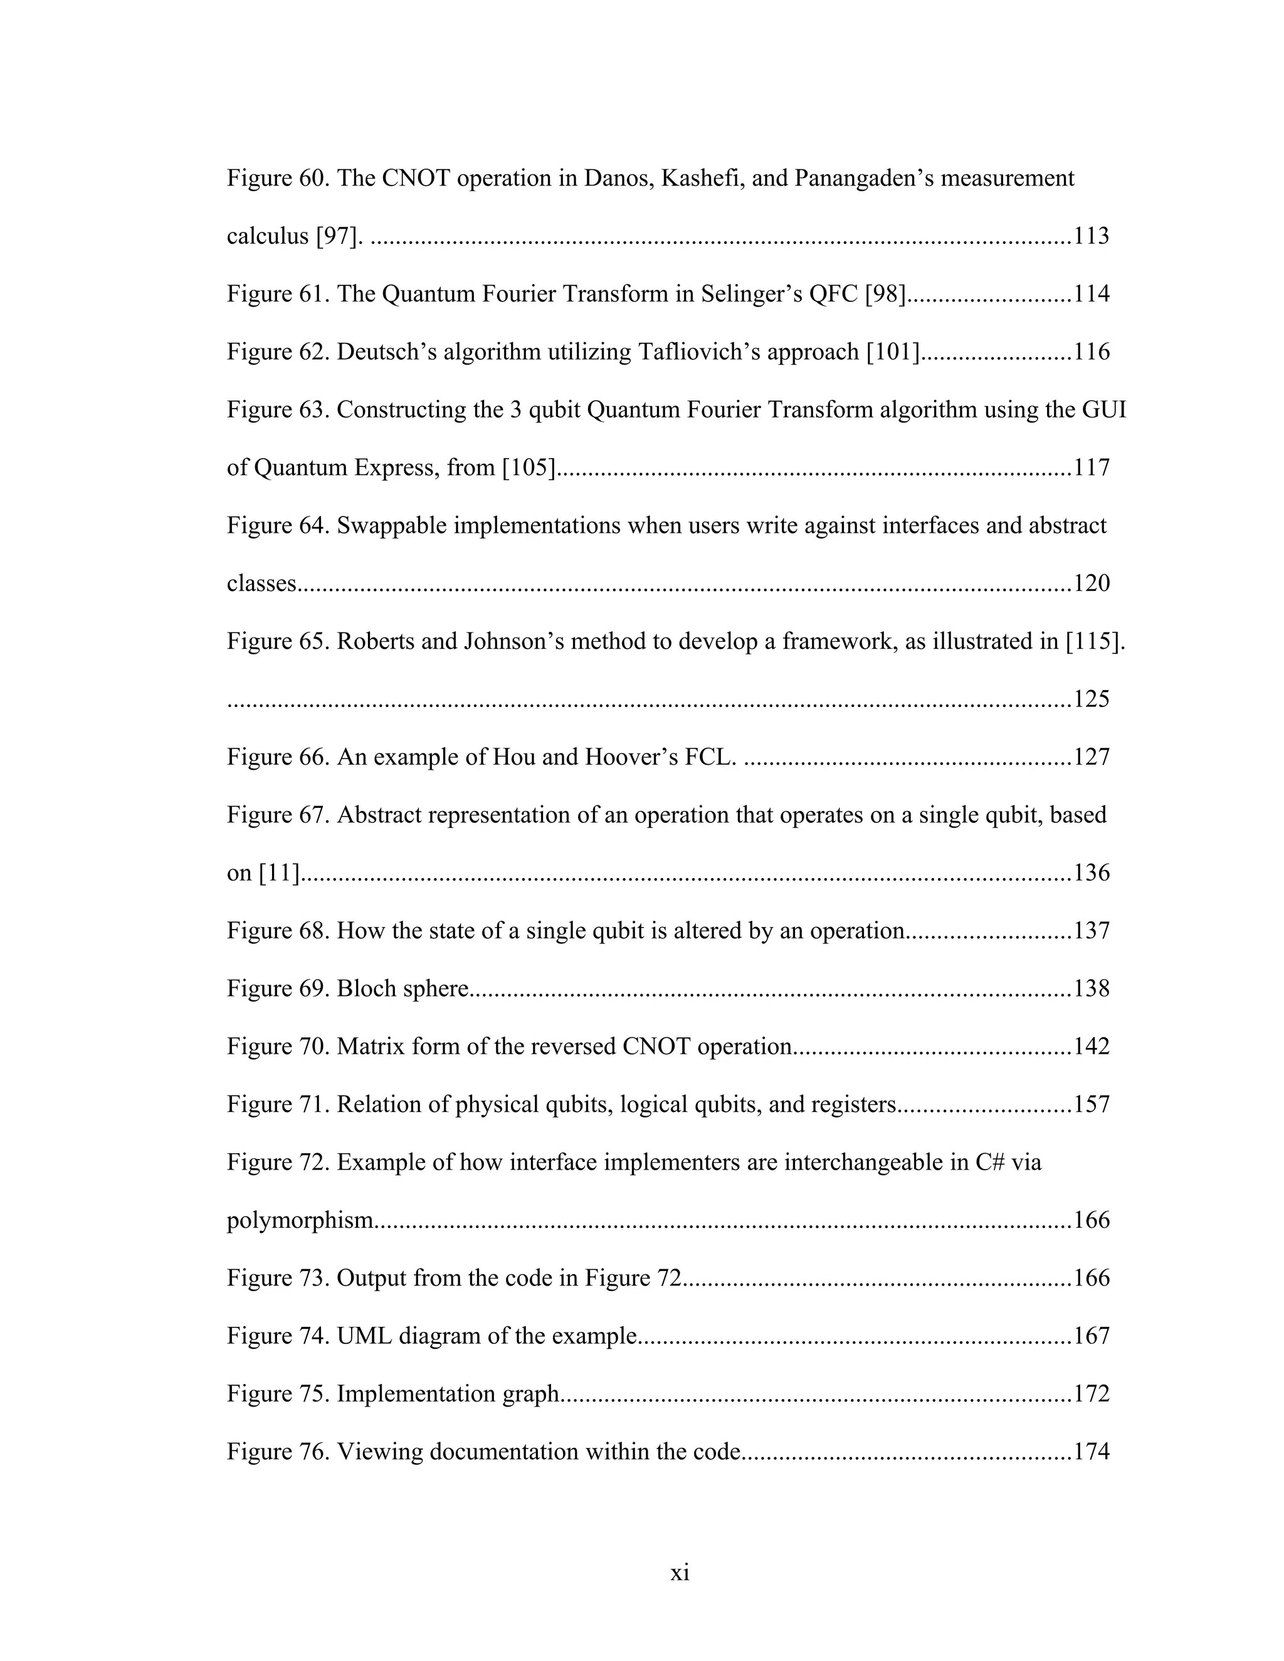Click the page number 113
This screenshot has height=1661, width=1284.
coord(1091,236)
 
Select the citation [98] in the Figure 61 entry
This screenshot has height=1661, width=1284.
coord(885,295)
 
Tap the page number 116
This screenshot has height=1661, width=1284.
coord(1091,352)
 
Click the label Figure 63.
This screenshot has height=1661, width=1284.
coord(277,410)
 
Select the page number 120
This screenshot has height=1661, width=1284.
coord(1091,584)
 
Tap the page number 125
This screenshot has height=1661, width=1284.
coord(1091,699)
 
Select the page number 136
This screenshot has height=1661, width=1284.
coord(1091,873)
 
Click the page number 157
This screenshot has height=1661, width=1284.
coord(1091,1104)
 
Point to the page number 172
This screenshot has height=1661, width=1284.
coord(1091,1394)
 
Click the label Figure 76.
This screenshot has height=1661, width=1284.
coord(277,1452)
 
